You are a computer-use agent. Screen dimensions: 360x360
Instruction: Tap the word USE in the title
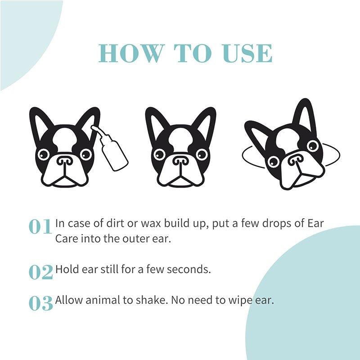click(x=247, y=53)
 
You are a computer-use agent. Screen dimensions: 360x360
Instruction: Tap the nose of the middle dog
click(x=181, y=160)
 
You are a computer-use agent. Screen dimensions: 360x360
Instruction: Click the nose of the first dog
click(x=64, y=160)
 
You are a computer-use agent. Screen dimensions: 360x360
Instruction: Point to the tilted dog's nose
click(x=295, y=159)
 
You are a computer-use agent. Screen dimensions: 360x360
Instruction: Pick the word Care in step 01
click(x=67, y=239)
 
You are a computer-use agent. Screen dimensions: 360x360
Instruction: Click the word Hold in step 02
click(x=66, y=270)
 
